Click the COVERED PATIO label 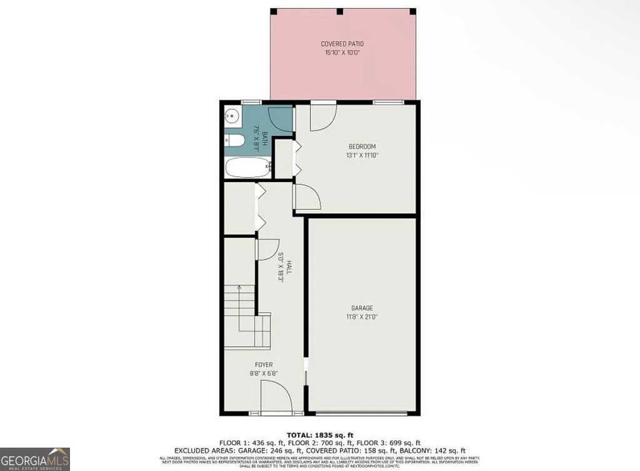tap(342, 44)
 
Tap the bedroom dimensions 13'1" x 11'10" tap(362, 155)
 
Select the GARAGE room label tap(362, 308)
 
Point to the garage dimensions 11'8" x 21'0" tap(362, 317)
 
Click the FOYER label tap(263, 365)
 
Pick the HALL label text tap(289, 267)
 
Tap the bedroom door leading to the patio tap(322, 116)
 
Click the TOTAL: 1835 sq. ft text tap(319, 434)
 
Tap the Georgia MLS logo tap(35, 458)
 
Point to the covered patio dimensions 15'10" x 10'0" tap(342, 53)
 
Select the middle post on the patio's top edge tap(339, 11)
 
